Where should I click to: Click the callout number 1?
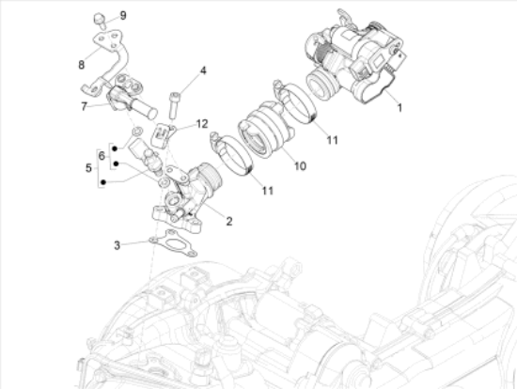pos(399,108)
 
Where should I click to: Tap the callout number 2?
pos(229,221)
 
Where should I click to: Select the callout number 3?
pos(117,245)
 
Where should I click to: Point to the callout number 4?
pos(203,70)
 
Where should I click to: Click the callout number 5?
pos(88,168)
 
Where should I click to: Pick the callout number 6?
pos(102,156)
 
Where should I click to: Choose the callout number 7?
pos(84,106)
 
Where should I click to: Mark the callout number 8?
pos(81,65)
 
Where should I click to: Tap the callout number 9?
pos(123,15)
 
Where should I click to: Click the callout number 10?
pos(300,165)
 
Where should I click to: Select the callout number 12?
pos(202,124)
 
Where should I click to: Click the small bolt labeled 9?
pos(100,20)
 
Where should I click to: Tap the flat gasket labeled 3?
pos(173,243)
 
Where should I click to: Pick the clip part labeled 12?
pos(162,134)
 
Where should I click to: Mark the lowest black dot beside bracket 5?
pos(103,182)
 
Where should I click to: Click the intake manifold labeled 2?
pos(186,198)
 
